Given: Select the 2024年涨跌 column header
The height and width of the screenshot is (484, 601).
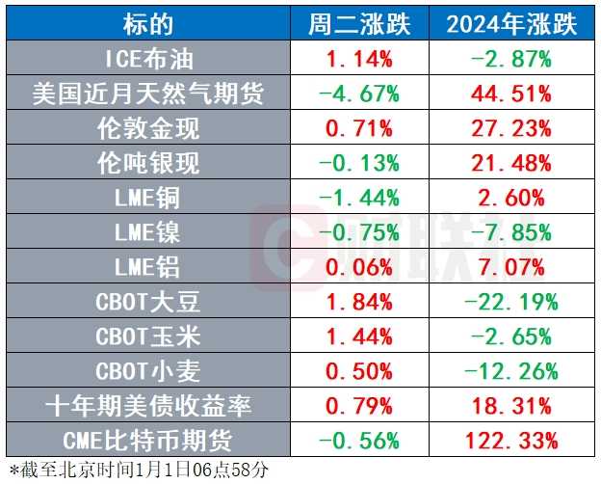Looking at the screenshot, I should point(511,24).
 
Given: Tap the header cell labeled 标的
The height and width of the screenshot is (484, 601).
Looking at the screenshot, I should point(147,24).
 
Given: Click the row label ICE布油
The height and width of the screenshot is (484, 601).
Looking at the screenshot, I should point(147,59).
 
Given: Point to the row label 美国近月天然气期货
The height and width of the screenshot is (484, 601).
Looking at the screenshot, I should point(147,94).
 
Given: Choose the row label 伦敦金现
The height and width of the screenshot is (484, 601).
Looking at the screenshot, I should point(147,128).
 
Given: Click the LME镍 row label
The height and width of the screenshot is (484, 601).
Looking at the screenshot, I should point(147,232).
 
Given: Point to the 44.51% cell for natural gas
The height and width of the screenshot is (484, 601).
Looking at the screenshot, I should point(511,94).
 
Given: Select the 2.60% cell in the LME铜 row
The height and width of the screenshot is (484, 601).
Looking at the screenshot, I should point(511,198).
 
